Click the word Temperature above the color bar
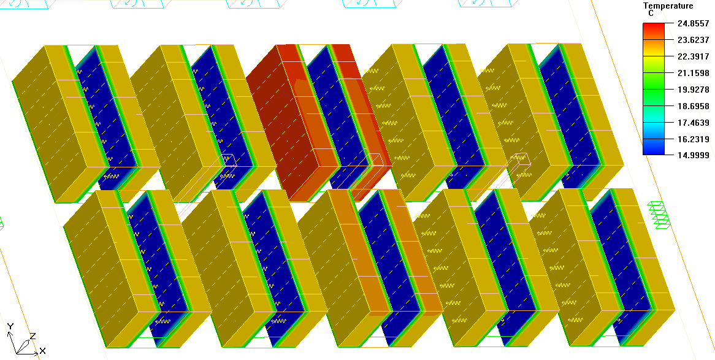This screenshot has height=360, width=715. (x=668, y=6)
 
